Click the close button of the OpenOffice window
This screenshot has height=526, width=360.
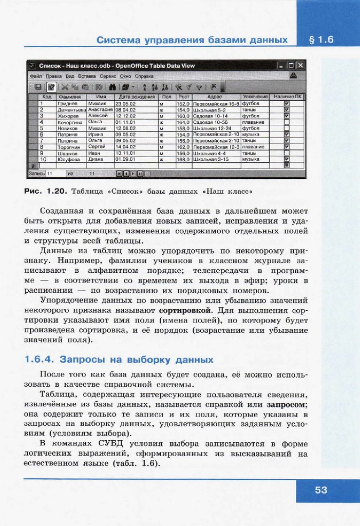coord(300,66)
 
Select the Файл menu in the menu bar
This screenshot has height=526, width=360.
coord(35,76)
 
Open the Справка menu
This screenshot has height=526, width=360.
coord(144,76)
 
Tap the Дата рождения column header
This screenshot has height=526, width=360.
coord(136,97)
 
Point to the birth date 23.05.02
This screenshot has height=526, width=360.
coord(125,103)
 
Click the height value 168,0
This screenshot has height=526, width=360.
coord(183,159)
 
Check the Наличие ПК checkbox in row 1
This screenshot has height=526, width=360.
coord(287,103)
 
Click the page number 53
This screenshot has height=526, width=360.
coord(321,490)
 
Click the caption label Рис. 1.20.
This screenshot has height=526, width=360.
coord(45,191)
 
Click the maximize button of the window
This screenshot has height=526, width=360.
coord(291,66)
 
